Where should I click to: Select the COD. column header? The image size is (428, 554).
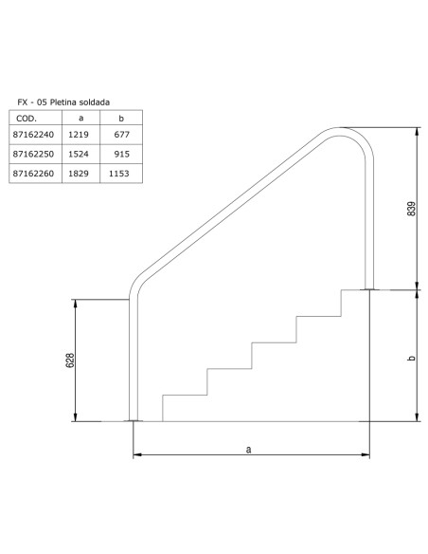[x=28, y=120]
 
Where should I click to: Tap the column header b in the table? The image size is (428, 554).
[x=118, y=120]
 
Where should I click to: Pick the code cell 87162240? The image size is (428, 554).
[x=32, y=137]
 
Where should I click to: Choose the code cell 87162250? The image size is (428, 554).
[x=32, y=155]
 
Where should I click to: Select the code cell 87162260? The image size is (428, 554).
[x=32, y=174]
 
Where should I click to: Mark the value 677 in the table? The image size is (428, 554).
[x=118, y=137]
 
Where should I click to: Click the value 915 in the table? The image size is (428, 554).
[x=118, y=155]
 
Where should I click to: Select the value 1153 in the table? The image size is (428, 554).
[x=118, y=174]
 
